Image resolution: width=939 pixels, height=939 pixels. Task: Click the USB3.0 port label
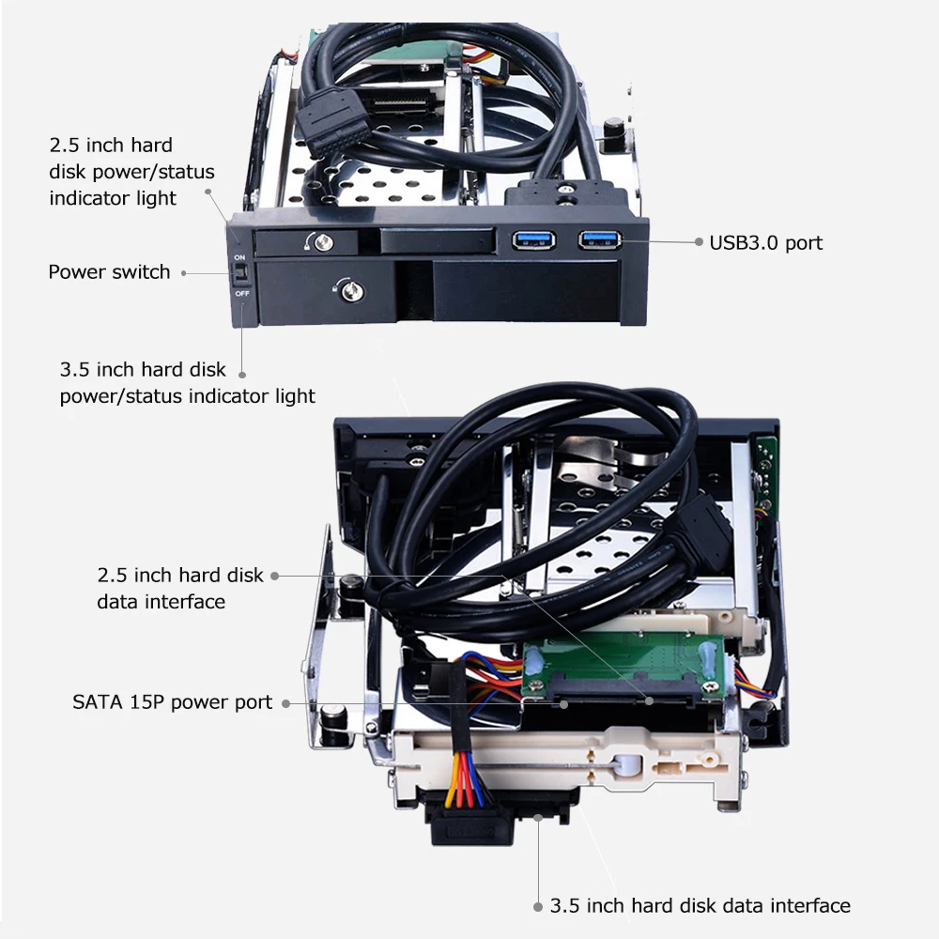(765, 242)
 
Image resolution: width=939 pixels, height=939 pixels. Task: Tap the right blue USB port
(599, 239)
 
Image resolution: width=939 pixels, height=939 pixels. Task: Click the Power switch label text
(109, 272)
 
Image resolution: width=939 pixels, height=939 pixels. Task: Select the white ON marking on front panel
(239, 256)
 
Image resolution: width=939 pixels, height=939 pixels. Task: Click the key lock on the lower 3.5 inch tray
(346, 287)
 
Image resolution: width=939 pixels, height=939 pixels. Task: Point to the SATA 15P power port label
(173, 702)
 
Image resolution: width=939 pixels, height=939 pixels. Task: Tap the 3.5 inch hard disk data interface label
(700, 906)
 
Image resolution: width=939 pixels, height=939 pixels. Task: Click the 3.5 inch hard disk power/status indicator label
(187, 382)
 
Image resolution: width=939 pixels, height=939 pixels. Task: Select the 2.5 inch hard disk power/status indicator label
(131, 172)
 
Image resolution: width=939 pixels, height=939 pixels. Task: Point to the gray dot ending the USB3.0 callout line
(699, 241)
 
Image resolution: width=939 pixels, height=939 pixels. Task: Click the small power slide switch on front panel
(239, 274)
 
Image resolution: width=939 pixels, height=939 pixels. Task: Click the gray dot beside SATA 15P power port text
(285, 702)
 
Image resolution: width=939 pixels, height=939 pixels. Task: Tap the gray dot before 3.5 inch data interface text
(538, 907)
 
